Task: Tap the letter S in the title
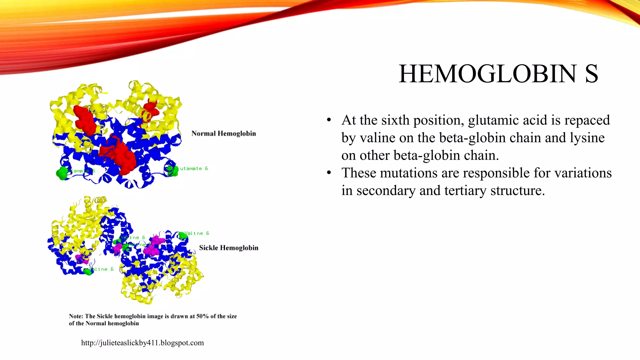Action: click(x=591, y=74)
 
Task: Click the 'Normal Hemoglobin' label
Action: click(x=223, y=133)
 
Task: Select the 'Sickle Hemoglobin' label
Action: click(x=228, y=248)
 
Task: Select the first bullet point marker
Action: click(x=329, y=120)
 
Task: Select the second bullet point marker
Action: click(x=329, y=173)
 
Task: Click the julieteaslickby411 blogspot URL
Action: click(x=142, y=343)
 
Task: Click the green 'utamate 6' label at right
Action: click(x=194, y=168)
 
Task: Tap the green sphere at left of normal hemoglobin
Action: click(x=62, y=173)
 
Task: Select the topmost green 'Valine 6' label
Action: click(x=197, y=233)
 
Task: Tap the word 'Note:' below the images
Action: click(x=76, y=316)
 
